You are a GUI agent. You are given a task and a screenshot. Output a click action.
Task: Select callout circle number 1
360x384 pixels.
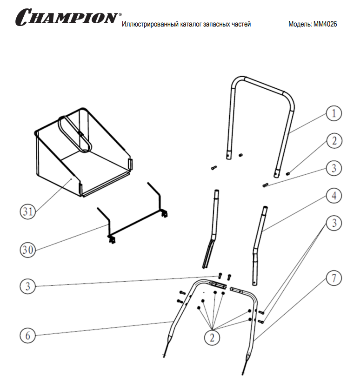pos(333,113)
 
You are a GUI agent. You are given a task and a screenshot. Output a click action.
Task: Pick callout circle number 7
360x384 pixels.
pos(333,278)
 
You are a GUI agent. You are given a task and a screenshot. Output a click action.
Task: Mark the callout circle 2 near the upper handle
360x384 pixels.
pos(333,141)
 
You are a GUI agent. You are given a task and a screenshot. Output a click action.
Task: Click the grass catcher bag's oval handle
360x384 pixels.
pos(74,134)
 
